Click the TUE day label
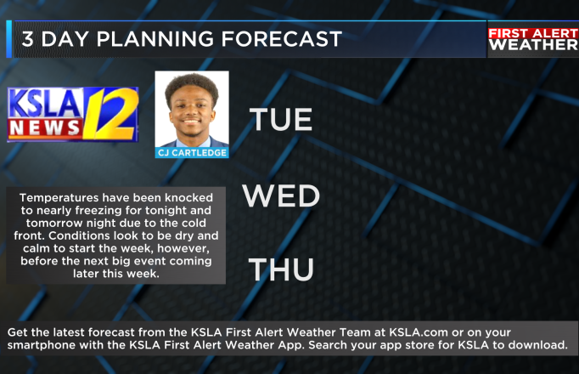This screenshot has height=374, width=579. [281, 119]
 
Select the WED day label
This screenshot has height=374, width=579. [281, 195]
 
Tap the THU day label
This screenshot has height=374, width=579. [281, 269]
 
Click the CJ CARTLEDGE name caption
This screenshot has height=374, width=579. [192, 153]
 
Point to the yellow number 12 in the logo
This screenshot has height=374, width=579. [110, 114]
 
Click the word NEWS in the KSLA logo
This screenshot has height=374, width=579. [45, 127]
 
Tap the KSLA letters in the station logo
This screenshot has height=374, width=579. [45, 104]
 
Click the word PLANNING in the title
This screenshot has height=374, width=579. [155, 39]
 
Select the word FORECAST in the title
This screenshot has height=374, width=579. [282, 39]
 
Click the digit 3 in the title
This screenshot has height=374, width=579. [28, 39]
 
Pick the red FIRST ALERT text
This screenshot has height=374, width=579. [533, 33]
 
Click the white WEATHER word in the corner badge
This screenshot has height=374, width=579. [534, 45]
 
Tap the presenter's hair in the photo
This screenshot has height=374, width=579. [192, 86]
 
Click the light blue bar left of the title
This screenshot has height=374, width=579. [8, 39]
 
